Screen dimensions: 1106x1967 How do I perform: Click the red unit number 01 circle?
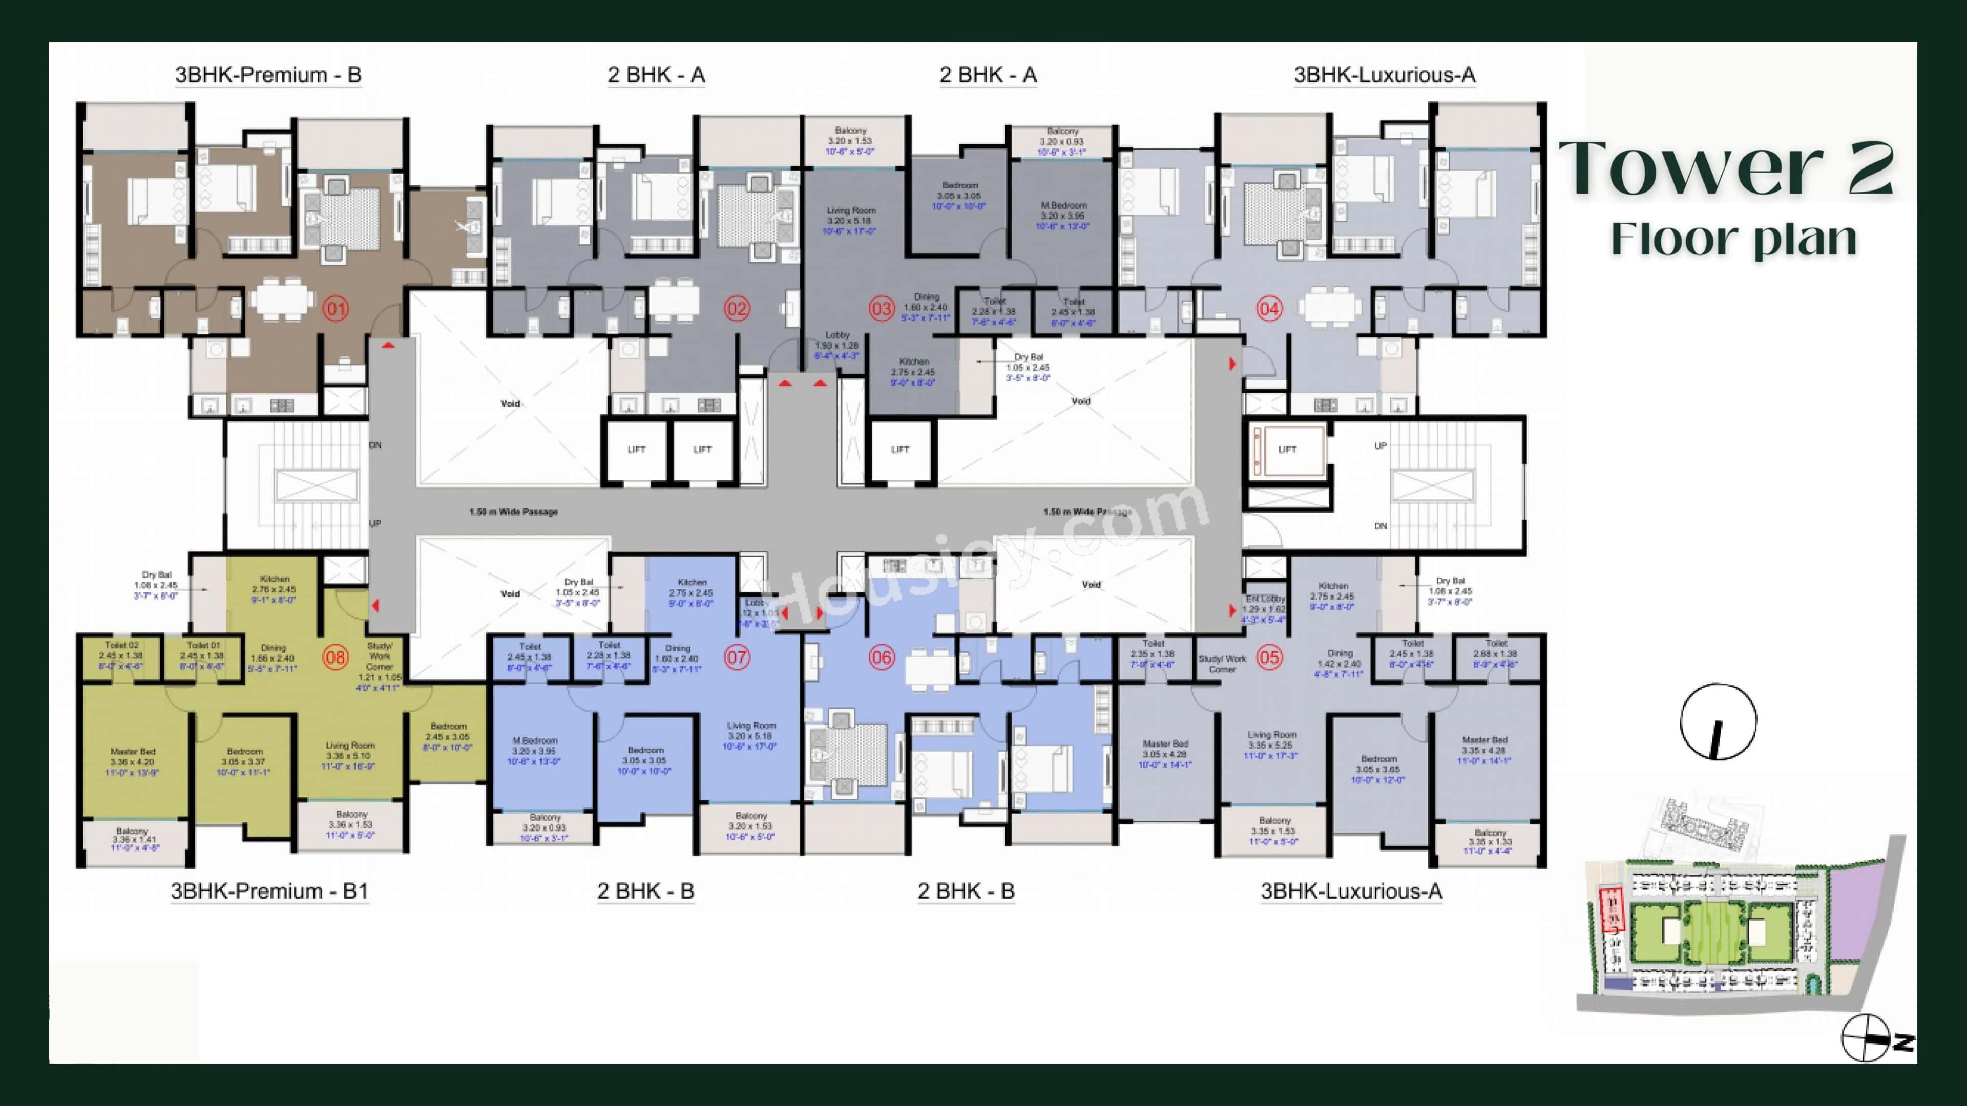(x=336, y=309)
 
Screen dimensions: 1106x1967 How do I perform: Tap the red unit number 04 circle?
(x=1269, y=309)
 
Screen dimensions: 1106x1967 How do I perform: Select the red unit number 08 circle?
(x=336, y=657)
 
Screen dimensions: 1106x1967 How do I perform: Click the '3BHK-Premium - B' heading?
(x=268, y=75)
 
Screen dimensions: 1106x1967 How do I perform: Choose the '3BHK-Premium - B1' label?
(x=269, y=891)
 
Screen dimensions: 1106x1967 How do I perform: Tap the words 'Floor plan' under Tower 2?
(x=1733, y=239)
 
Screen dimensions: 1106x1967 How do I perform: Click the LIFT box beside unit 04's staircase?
(x=1287, y=450)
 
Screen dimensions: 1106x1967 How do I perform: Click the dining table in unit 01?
(x=283, y=300)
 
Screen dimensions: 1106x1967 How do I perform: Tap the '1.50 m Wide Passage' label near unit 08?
(x=513, y=512)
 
